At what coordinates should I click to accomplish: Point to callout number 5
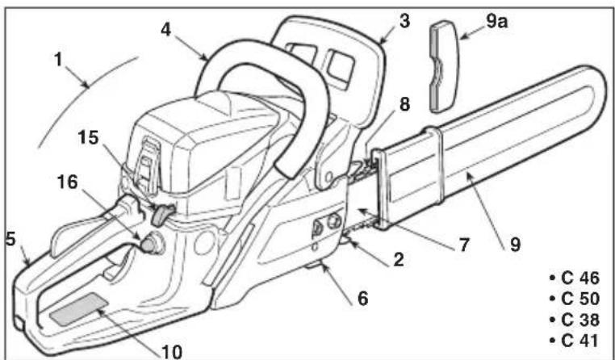coord(10,240)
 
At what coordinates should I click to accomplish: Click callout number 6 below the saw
coord(363,299)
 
